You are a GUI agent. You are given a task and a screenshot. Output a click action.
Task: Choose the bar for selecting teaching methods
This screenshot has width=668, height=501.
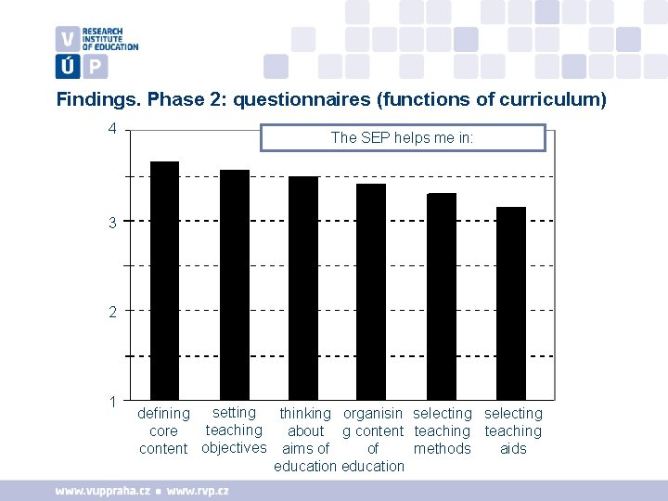[x=442, y=296]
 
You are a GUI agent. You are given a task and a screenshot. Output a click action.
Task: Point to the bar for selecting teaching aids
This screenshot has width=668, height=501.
[x=511, y=302]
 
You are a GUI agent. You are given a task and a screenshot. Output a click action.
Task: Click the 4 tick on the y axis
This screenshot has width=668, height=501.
[x=112, y=129]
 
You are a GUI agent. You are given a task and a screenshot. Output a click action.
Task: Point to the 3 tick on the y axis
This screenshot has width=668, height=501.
[x=112, y=222]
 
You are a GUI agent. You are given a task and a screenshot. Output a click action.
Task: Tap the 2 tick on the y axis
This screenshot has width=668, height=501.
[x=112, y=312]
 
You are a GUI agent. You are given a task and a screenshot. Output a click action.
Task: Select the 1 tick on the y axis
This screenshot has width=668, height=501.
[x=112, y=402]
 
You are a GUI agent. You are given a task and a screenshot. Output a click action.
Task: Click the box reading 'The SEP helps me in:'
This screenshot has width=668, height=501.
[x=403, y=137]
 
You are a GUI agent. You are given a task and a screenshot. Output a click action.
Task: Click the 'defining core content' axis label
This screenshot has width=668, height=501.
[x=163, y=431]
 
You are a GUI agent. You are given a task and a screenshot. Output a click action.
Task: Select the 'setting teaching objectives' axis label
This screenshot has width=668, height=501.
[x=234, y=430]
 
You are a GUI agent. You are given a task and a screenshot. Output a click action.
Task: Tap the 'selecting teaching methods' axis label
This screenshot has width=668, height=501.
[x=443, y=431]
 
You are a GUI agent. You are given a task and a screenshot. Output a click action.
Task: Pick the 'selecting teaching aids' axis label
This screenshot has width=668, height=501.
[x=513, y=431]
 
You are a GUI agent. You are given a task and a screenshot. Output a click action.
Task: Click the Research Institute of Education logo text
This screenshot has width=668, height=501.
[x=109, y=38]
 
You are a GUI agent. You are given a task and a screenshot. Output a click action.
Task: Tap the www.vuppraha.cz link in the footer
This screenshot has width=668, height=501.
[x=102, y=490]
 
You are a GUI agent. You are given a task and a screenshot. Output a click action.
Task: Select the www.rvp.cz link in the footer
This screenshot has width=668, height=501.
[x=197, y=490]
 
